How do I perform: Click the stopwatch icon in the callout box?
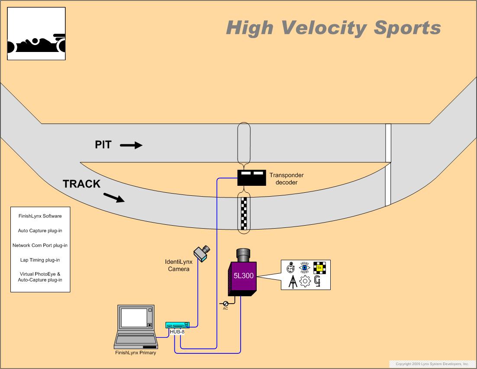tap(291, 268)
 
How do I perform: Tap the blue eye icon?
tap(305, 268)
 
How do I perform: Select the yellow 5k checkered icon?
tap(319, 268)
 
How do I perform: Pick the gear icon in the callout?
tap(305, 282)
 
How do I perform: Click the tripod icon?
tap(292, 282)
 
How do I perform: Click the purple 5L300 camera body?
tap(242, 277)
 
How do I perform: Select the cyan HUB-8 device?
tap(177, 325)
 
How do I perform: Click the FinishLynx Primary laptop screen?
tap(134, 317)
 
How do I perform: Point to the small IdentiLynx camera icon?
tap(201, 253)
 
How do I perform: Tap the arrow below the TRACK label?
tap(114, 198)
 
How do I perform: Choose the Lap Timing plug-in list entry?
tap(40, 260)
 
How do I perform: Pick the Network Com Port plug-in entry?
tap(40, 246)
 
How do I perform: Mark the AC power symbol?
tap(226, 304)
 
